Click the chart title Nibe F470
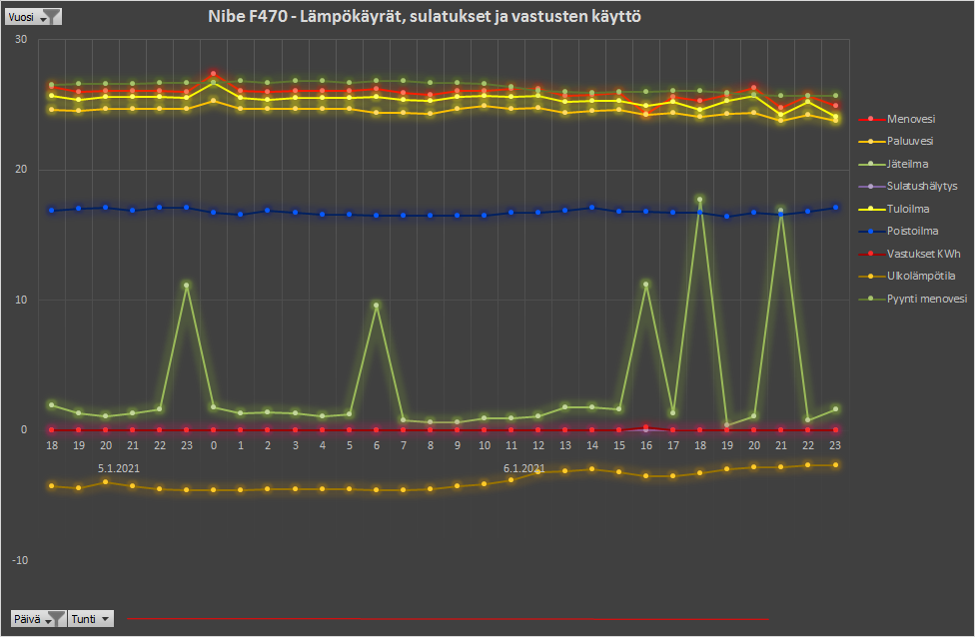tap(425, 17)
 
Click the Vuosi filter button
tap(33, 16)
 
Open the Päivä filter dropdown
tap(38, 619)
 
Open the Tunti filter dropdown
tap(91, 619)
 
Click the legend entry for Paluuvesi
tap(910, 141)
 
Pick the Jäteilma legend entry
tap(907, 163)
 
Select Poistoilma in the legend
tap(911, 231)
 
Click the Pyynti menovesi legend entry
tap(926, 299)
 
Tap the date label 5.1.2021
tap(118, 467)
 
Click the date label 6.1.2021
tap(524, 467)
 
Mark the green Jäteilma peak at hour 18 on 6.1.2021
tap(699, 200)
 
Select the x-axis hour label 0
tap(214, 445)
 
